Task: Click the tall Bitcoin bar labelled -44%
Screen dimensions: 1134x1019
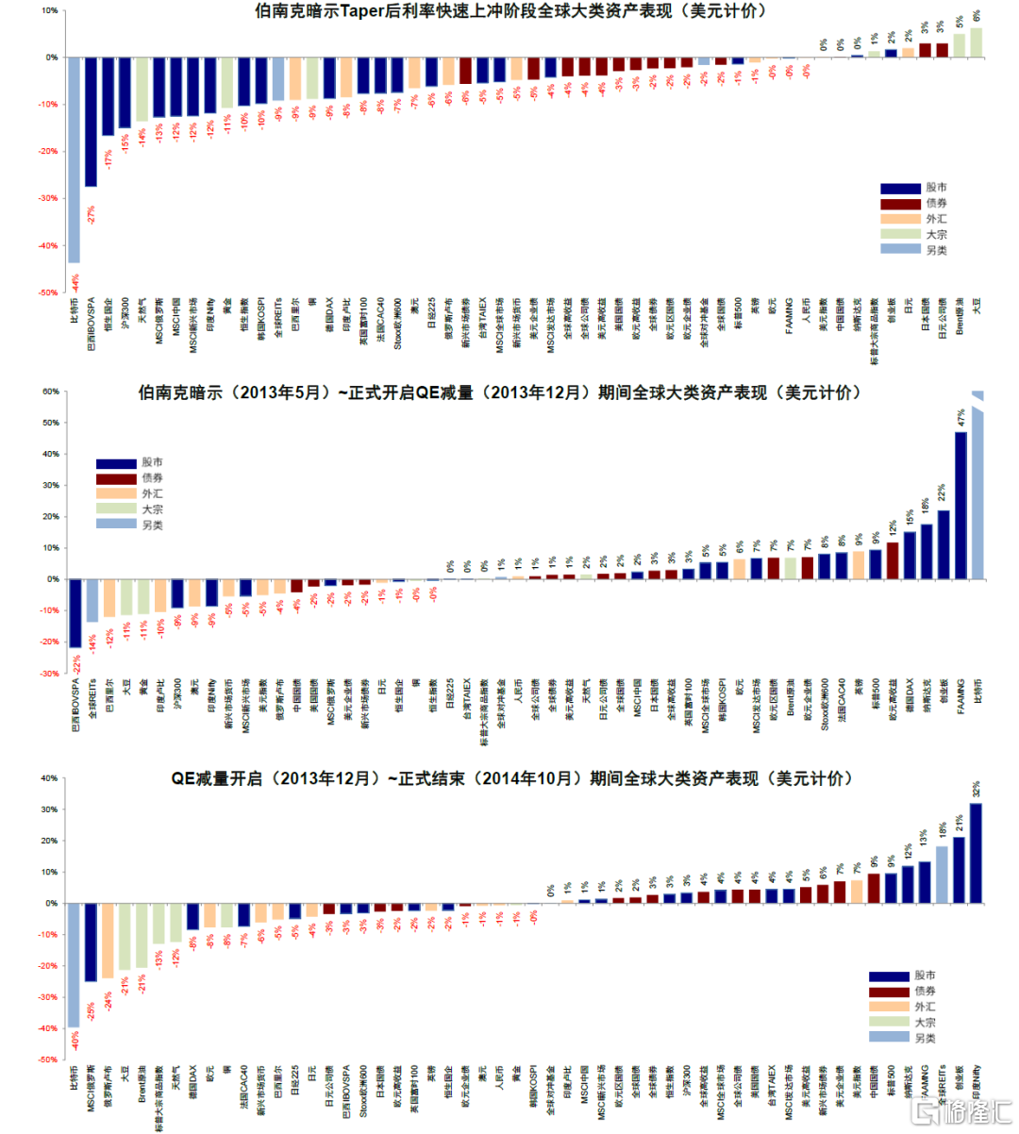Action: (74, 160)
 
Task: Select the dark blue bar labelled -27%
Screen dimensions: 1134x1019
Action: (91, 123)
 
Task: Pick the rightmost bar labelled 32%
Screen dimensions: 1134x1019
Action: (976, 853)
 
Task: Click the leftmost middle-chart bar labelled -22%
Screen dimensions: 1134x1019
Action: (75, 613)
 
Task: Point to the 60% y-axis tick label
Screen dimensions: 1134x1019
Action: (50, 392)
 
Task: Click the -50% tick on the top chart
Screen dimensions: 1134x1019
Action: (48, 292)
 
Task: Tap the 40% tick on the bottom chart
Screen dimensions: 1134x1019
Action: (50, 778)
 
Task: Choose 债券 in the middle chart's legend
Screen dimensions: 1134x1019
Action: (152, 478)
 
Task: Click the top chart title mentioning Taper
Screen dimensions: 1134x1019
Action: (510, 11)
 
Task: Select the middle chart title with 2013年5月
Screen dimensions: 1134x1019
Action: (499, 392)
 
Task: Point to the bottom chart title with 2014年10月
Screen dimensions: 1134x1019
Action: (510, 778)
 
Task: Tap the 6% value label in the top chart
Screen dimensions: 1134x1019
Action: (977, 16)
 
